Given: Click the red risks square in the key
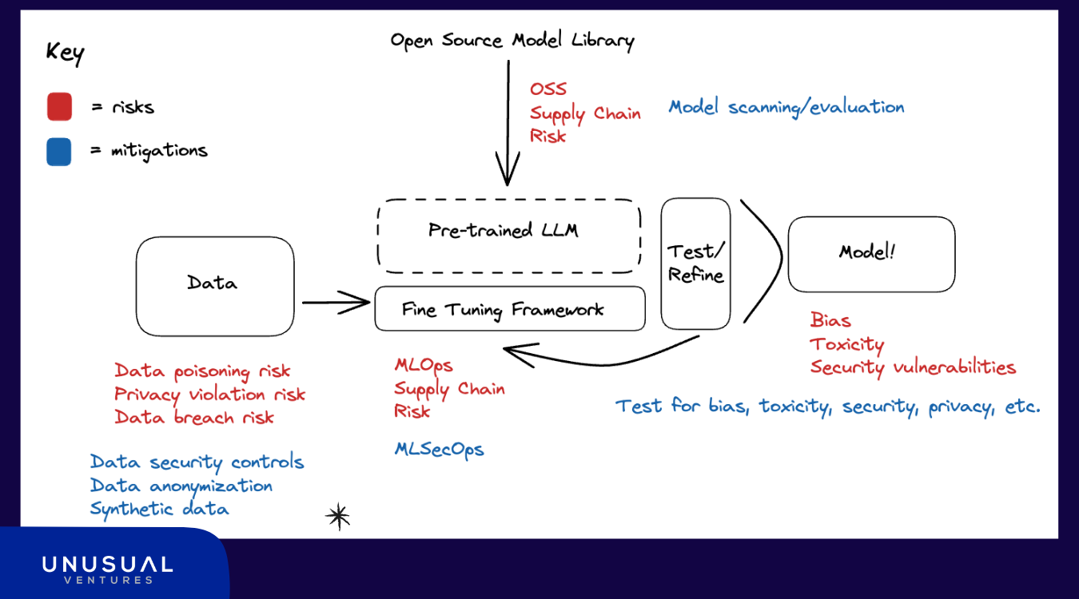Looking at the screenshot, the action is click(x=60, y=106).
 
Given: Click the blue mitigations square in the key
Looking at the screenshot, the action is click(x=59, y=152).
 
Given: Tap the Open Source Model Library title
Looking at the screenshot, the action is click(x=512, y=41).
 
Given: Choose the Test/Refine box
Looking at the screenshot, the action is click(x=662, y=264).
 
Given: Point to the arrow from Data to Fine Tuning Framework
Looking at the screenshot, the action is click(x=336, y=303).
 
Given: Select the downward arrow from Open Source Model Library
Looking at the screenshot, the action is click(x=508, y=123).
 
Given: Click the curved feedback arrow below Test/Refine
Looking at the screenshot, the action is click(x=602, y=364).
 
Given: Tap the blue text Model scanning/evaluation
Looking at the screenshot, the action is click(x=786, y=107).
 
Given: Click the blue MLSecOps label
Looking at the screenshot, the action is click(x=439, y=450).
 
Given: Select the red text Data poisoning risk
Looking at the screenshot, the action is click(x=202, y=371).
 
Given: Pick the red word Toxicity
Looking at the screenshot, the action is click(x=847, y=344).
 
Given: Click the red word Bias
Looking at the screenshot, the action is click(x=830, y=320).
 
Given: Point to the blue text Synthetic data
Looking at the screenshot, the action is click(x=159, y=509).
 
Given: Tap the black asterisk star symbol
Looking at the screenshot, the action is click(x=338, y=516).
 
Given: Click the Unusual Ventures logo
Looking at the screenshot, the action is click(x=107, y=570).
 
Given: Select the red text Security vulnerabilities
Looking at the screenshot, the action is click(x=913, y=367).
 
